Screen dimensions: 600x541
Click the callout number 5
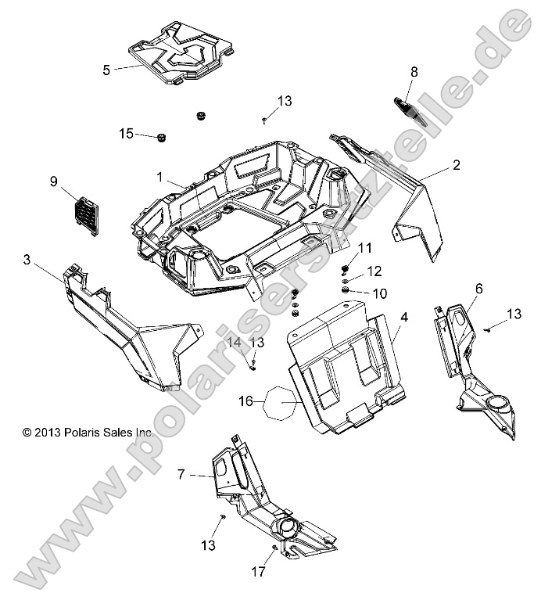pyautogui.click(x=106, y=70)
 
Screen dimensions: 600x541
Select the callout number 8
pyautogui.click(x=414, y=72)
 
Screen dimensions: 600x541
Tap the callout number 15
pyautogui.click(x=126, y=134)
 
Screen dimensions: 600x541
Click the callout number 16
pyautogui.click(x=245, y=401)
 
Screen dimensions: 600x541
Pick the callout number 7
pyautogui.click(x=181, y=474)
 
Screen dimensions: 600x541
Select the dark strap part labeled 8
pyautogui.click(x=410, y=110)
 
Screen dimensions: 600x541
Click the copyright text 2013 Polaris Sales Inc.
pyautogui.click(x=88, y=431)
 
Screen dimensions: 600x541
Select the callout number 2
pyautogui.click(x=455, y=165)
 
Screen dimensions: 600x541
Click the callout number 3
pyautogui.click(x=27, y=260)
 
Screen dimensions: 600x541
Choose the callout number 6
pyautogui.click(x=478, y=289)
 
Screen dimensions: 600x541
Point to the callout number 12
pyautogui.click(x=374, y=271)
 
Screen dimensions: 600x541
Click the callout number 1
pyautogui.click(x=159, y=178)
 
